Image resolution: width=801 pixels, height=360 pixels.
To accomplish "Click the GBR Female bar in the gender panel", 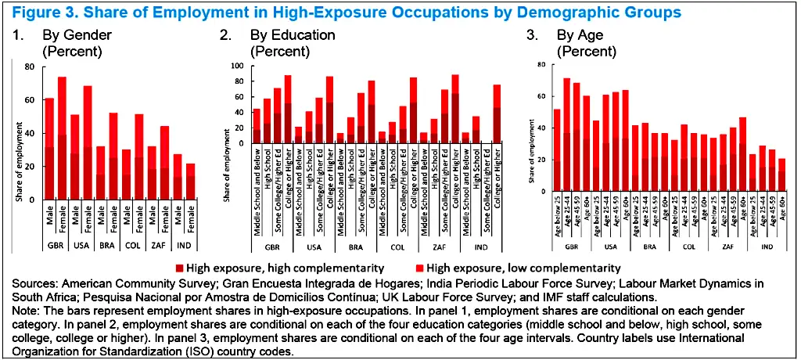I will [62, 141].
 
